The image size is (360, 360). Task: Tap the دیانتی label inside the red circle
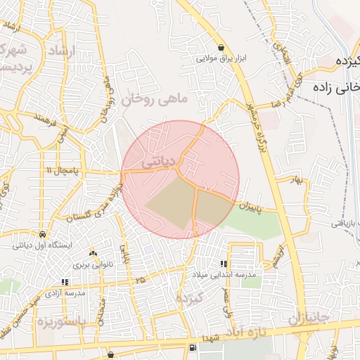click(x=157, y=162)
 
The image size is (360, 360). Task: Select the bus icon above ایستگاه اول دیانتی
click(x=44, y=234)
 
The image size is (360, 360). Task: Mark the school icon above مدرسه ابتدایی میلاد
click(x=224, y=263)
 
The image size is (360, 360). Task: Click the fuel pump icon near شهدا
click(x=192, y=348)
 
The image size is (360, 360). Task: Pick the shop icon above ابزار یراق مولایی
click(x=221, y=47)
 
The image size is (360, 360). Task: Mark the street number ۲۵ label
click(x=141, y=279)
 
